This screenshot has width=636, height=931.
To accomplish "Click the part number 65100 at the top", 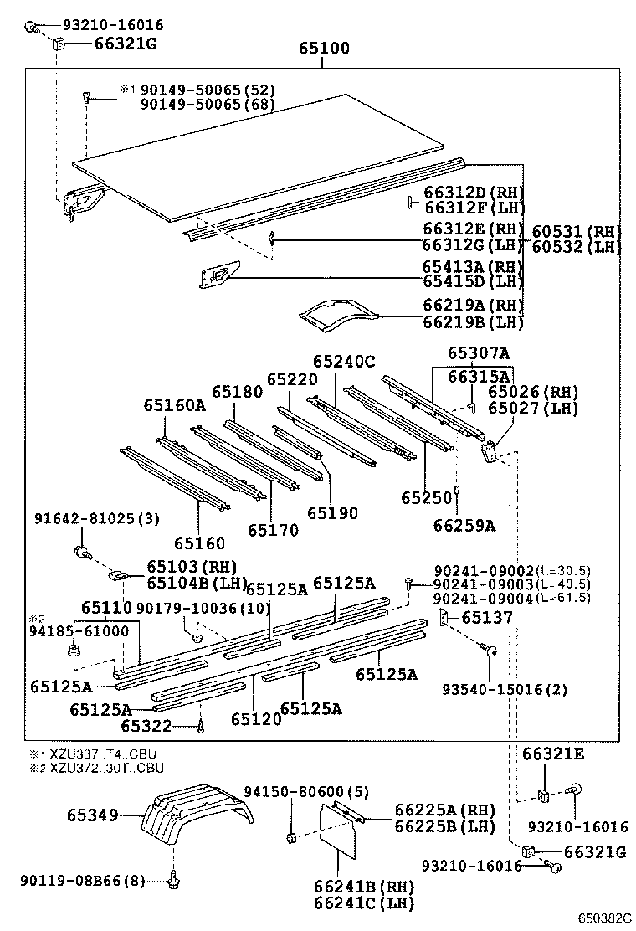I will [x=325, y=49].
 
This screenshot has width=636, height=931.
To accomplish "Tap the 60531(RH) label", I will [x=574, y=232].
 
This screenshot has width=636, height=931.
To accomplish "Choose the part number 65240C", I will [x=344, y=362].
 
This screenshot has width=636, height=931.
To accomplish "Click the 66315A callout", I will [x=477, y=377].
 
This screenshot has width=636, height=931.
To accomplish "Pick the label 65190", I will [x=331, y=512].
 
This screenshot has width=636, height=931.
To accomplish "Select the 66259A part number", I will [x=464, y=525].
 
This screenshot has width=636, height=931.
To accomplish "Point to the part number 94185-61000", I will [x=81, y=630].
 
